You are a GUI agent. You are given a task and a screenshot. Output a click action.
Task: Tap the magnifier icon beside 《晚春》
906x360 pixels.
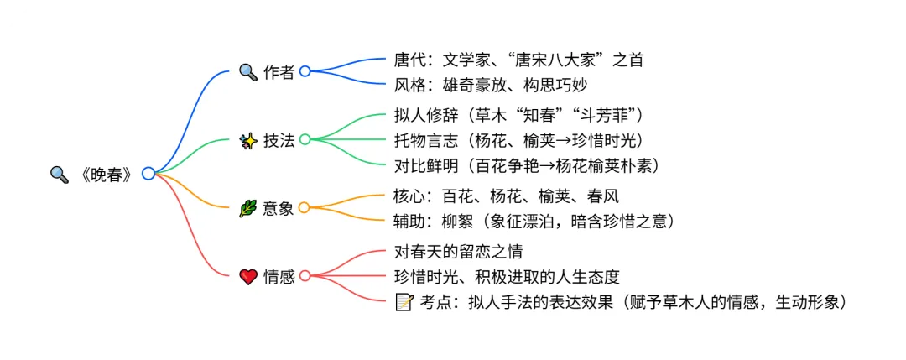(59, 175)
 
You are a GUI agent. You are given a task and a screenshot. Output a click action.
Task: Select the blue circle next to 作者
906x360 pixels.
(305, 71)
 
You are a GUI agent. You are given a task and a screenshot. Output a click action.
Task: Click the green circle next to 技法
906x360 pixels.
(305, 139)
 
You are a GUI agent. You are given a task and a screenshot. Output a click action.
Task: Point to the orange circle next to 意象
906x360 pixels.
(305, 207)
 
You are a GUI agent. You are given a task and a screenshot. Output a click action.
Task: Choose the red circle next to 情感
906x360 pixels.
(305, 276)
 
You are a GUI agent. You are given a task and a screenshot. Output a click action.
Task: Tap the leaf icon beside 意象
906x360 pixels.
(248, 208)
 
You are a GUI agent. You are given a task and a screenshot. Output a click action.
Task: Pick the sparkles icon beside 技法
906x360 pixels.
(248, 140)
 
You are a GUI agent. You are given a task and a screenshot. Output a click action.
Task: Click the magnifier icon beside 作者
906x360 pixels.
(248, 72)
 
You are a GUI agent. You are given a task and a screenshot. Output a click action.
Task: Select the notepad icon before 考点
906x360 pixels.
(404, 301)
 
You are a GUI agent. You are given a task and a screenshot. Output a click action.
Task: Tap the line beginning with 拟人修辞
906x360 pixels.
(518, 115)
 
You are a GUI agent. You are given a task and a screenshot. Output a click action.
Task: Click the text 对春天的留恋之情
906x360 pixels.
(464, 252)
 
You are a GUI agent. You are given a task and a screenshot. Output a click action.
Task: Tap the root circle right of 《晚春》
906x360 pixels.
(148, 174)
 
